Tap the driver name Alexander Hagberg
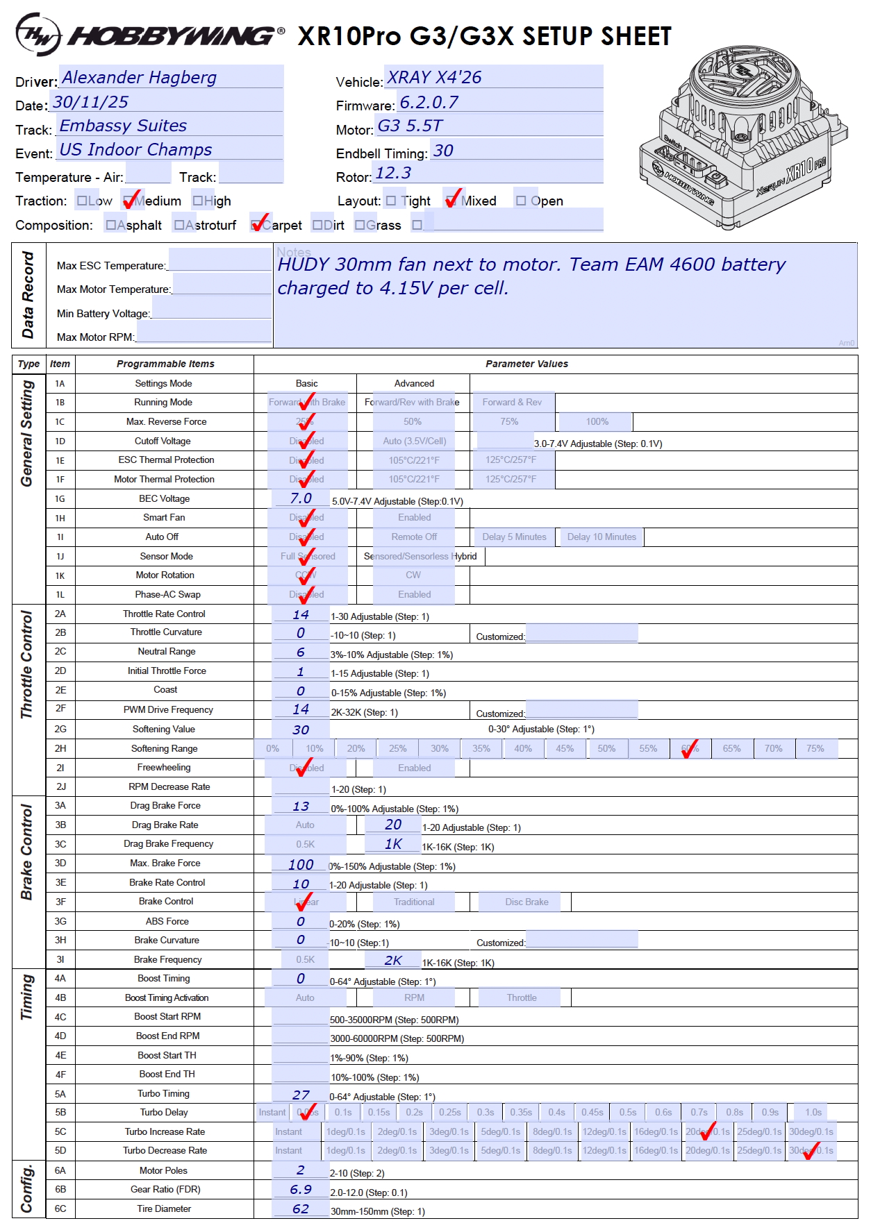140,77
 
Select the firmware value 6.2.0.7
429,102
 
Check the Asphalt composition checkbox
111,225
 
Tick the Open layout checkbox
521,201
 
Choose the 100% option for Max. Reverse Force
597,421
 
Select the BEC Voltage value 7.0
301,498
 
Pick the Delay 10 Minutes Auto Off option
602,537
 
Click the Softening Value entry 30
301,730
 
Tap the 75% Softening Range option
815,748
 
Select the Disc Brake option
526,902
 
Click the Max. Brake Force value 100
301,864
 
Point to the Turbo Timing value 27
301,1095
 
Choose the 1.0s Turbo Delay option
813,1112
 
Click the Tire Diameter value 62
301,1208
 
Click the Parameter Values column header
526,364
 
